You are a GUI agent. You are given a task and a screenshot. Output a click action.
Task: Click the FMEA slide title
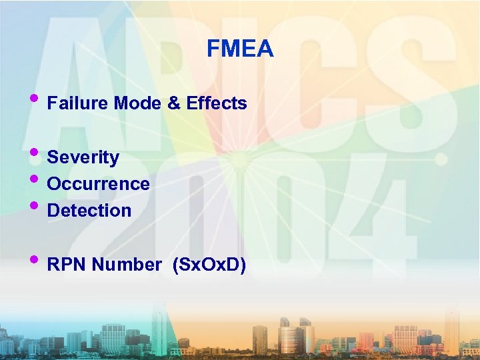pos(240,49)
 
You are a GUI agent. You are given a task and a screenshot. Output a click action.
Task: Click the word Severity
pos(83,158)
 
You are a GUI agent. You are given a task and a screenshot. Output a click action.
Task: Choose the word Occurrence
pos(99,184)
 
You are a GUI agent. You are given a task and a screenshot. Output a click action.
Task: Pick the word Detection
pos(89,211)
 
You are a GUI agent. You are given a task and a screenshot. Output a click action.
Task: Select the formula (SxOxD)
pos(209,265)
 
